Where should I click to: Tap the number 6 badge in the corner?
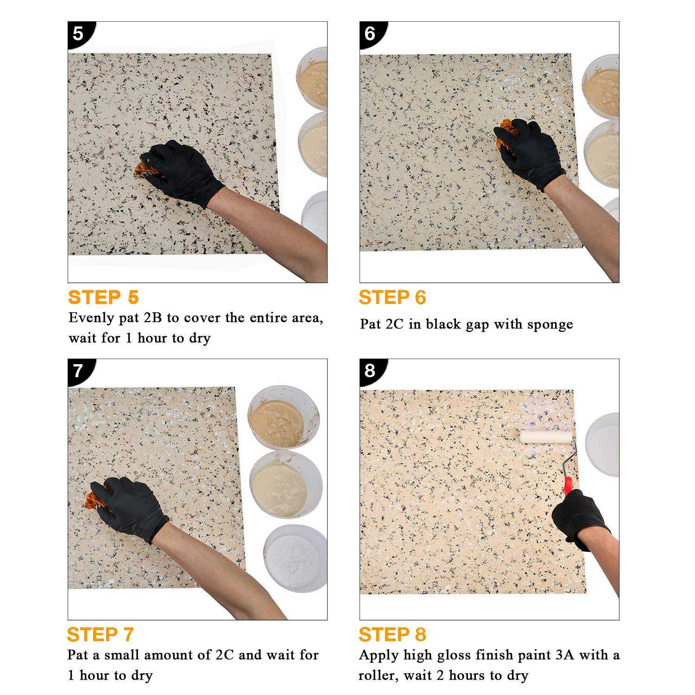coord(370,33)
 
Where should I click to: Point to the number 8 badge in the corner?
coord(370,370)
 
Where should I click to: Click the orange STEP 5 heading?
coord(103,297)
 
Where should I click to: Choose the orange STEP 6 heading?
coord(392,297)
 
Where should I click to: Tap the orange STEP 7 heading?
coord(101,634)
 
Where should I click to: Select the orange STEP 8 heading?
coord(392,634)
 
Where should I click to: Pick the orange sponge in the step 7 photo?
coord(92,501)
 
